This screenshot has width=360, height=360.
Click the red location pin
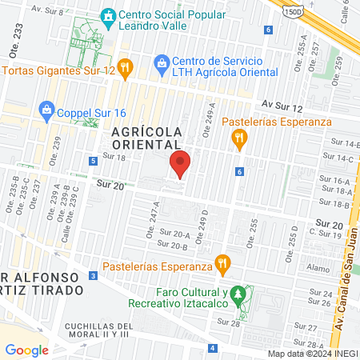coord(181,164)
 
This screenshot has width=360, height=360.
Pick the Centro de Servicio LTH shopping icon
coord(161,62)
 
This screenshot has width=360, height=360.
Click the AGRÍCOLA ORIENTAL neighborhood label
coord(146,137)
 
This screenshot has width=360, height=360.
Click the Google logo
coord(26,350)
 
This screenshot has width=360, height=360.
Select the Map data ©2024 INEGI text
coord(313,354)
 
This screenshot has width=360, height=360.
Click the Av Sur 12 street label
coord(282,106)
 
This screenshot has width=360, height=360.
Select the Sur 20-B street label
coord(172,244)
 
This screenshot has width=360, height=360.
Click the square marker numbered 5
coord(94,161)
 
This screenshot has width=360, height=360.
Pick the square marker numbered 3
coord(94,276)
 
